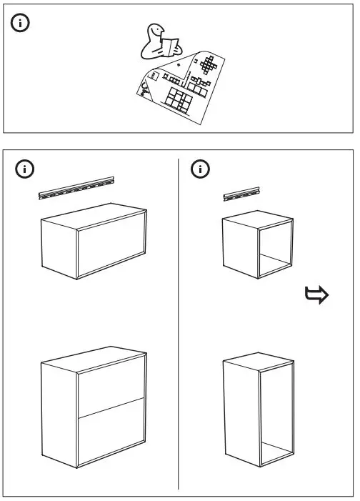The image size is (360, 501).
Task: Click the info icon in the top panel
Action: (x=21, y=24)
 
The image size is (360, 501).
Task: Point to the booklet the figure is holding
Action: (x=169, y=48)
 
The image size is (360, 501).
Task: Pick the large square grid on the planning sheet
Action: (x=176, y=100)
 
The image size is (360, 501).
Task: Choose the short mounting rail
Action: (x=241, y=192)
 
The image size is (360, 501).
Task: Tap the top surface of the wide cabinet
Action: (x=94, y=215)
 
